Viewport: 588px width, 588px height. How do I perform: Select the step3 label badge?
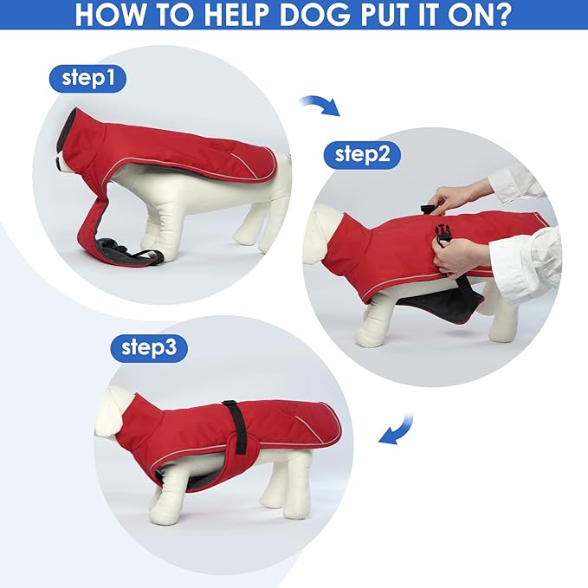pos(149,348)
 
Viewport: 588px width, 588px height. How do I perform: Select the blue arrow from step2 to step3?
pos(397,430)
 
